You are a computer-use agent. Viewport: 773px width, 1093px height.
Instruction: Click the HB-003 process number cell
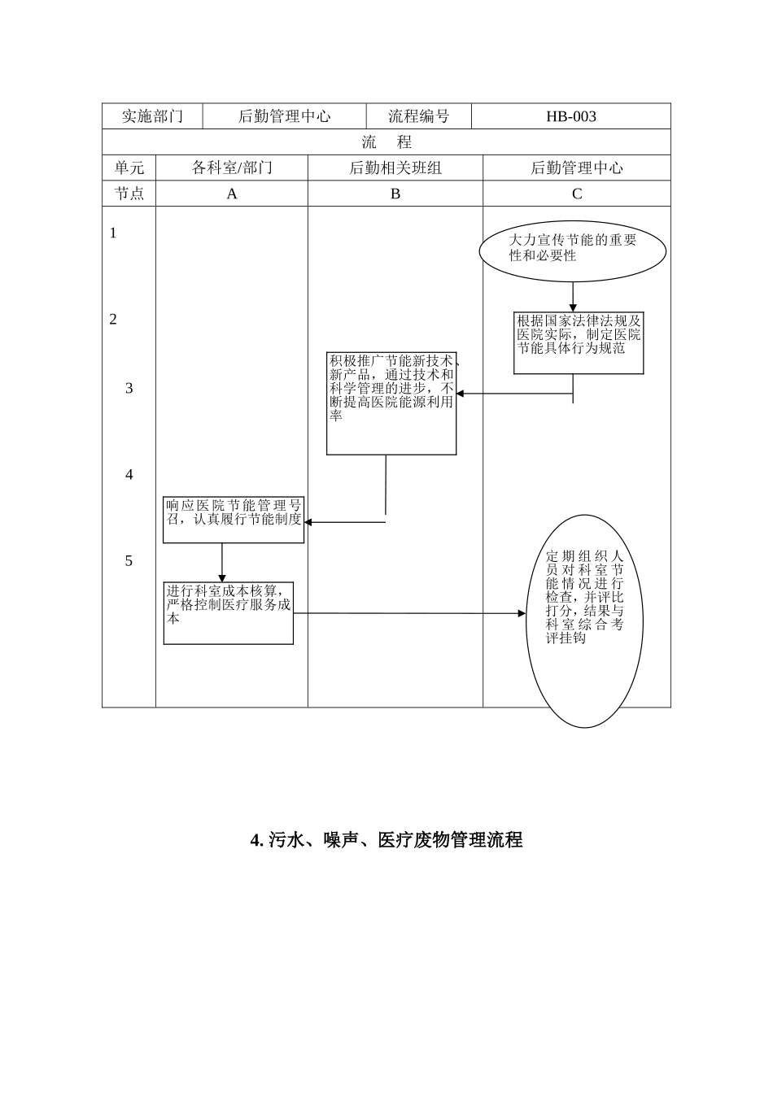[x=571, y=116]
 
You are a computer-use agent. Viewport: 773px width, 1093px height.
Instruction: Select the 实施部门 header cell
[x=152, y=116]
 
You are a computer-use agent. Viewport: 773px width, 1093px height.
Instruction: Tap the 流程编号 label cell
[x=418, y=116]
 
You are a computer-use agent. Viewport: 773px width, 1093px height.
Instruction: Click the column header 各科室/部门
[x=232, y=168]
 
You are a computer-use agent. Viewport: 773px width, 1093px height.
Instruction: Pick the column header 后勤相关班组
[x=395, y=168]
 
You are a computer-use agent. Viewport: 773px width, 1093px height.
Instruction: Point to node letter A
[x=232, y=194]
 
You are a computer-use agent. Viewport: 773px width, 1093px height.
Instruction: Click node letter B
[x=395, y=194]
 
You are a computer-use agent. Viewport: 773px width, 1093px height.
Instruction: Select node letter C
[x=577, y=194]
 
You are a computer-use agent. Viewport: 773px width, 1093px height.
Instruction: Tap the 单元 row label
[x=129, y=168]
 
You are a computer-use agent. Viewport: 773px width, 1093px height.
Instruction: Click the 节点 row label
[x=129, y=194]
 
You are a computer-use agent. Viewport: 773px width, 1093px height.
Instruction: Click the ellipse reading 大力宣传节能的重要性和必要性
[x=573, y=248]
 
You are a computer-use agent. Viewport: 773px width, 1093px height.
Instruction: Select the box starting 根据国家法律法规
[x=579, y=343]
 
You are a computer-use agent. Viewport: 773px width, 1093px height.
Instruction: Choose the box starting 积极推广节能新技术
[x=391, y=403]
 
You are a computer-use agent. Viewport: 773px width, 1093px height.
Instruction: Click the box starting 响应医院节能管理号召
[x=234, y=519]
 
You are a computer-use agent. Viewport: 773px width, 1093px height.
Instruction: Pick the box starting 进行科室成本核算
[x=229, y=612]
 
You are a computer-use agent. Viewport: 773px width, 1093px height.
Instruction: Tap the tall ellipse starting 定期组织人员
[x=584, y=620]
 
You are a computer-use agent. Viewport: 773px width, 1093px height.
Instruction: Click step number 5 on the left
[x=129, y=561]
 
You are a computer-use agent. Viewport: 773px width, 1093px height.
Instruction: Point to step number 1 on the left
[x=113, y=233]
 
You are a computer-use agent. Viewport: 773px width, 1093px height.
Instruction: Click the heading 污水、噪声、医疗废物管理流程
[x=386, y=840]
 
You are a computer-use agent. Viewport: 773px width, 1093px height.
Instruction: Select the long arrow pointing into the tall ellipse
[x=407, y=613]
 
